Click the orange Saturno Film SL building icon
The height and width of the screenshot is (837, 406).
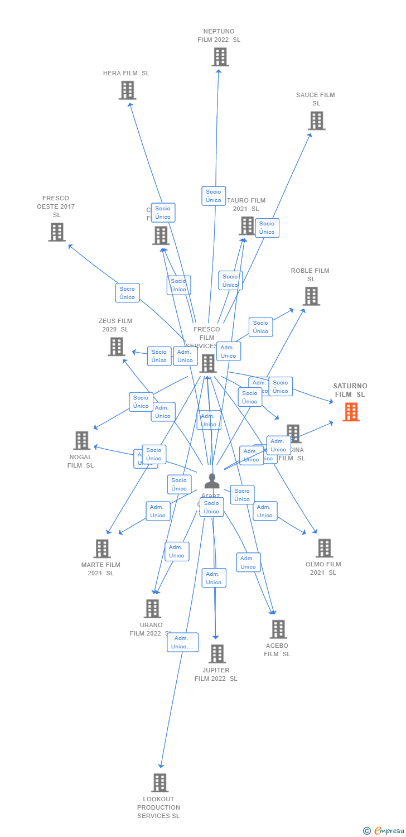click(x=351, y=412)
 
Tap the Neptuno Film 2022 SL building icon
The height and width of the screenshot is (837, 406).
click(x=220, y=57)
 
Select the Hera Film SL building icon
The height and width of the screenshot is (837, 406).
click(x=127, y=90)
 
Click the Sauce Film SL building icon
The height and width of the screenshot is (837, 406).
click(x=316, y=121)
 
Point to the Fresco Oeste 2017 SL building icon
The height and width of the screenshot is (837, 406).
click(x=56, y=232)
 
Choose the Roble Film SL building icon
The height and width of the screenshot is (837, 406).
click(x=311, y=296)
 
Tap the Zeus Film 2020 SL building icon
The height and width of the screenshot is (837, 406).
click(x=116, y=347)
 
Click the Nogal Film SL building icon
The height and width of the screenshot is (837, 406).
click(x=81, y=440)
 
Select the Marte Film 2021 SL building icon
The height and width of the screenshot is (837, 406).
click(x=101, y=549)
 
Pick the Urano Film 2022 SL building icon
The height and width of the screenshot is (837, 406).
click(x=152, y=609)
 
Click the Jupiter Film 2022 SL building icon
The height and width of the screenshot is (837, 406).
click(x=216, y=654)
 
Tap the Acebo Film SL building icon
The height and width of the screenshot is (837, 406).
click(x=278, y=629)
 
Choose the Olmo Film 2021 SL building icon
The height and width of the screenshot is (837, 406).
click(x=324, y=548)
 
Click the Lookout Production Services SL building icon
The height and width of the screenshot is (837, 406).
click(x=159, y=783)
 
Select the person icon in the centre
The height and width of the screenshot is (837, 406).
click(x=212, y=480)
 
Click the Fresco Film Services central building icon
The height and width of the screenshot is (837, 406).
click(x=208, y=363)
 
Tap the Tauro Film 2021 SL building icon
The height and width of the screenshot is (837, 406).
click(x=246, y=225)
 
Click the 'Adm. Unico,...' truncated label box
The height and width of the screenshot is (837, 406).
click(x=182, y=642)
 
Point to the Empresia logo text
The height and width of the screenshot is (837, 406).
click(x=389, y=831)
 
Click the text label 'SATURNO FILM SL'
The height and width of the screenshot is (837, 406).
click(x=350, y=390)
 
